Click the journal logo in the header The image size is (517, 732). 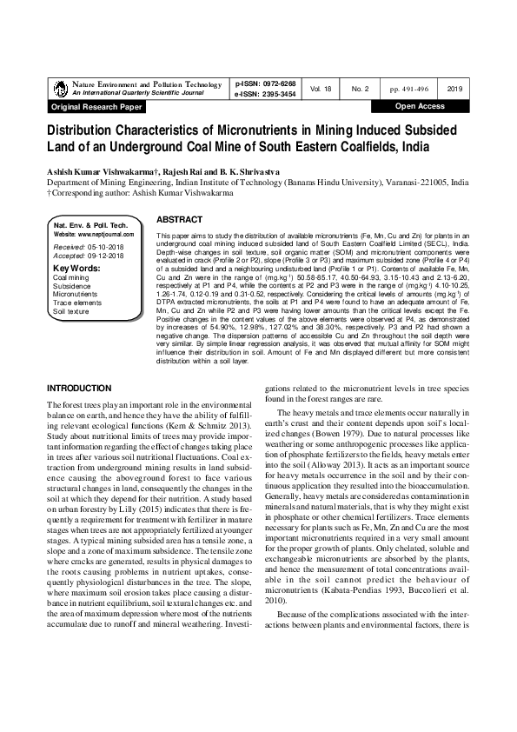click(60, 88)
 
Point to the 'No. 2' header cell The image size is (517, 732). click(360, 89)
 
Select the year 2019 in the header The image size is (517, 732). click(454, 89)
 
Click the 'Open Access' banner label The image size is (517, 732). click(420, 106)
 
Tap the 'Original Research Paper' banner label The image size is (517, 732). click(96, 107)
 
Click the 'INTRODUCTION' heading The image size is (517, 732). click(79, 387)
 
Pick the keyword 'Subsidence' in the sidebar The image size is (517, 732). click(72, 285)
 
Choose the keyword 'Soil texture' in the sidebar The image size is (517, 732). click(71, 310)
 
